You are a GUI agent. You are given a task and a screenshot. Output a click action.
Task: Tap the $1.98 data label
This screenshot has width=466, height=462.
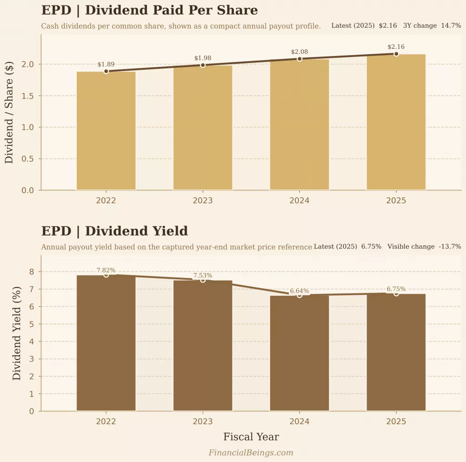coord(203,58)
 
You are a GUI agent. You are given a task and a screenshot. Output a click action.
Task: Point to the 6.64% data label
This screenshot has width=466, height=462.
coord(299,291)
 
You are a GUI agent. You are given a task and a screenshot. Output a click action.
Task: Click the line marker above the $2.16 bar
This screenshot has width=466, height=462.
coord(396,54)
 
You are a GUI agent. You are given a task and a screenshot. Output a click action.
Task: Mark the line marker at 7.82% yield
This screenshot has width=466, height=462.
coord(106,274)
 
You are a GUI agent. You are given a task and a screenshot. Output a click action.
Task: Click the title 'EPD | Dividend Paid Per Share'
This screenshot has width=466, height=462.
coord(149,10)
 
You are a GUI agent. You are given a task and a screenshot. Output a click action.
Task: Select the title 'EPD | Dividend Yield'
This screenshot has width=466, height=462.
coord(114,231)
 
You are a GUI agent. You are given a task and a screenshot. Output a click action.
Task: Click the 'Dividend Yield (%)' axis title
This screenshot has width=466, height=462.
coord(16,333)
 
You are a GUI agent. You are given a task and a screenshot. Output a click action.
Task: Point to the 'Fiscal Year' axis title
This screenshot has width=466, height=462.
coord(251,437)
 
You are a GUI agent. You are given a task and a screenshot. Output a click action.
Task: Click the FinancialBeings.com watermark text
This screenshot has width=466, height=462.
coord(251,452)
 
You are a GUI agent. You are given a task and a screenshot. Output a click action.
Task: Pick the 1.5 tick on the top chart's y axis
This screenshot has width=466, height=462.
coord(28,96)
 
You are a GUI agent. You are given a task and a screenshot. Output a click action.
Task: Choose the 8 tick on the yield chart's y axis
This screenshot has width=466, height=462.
coord(31,272)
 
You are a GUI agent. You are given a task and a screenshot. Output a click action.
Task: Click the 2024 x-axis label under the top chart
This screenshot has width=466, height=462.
coord(299,201)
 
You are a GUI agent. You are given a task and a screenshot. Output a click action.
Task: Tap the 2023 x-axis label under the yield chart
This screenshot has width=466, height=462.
coord(203,422)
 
